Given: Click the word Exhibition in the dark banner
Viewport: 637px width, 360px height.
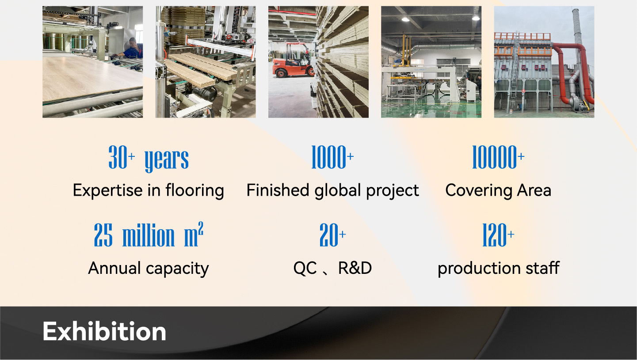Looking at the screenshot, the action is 104,331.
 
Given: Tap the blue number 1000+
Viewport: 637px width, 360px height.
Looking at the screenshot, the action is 332,157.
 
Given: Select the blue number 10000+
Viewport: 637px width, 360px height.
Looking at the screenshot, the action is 498,157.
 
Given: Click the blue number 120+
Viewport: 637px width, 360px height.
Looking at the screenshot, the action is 498,235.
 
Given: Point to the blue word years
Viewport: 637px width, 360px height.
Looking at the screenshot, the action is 167,159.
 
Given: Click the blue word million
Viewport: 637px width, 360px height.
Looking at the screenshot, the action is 149,235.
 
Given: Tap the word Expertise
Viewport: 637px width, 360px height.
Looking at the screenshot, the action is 107,190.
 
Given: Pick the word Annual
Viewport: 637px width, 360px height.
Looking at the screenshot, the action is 114,268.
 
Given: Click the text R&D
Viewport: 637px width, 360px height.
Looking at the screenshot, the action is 355,268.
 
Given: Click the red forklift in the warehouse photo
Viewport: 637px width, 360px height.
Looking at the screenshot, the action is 293,60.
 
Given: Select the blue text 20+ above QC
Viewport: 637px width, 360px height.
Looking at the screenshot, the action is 332,235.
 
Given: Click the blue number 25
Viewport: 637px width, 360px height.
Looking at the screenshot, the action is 103,235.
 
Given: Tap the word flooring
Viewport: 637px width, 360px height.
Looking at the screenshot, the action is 195,191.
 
